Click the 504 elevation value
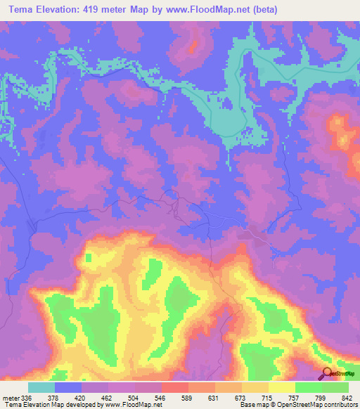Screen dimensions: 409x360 pyautogui.click(x=134, y=398)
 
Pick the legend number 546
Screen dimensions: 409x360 pyautogui.click(x=161, y=398)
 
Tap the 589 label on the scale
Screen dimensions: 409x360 pyautogui.click(x=188, y=398)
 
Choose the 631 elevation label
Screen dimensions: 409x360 pyautogui.click(x=214, y=398)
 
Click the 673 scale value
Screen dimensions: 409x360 pyautogui.click(x=241, y=398)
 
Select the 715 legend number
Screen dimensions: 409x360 pyautogui.click(x=268, y=398)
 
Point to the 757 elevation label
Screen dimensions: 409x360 pyautogui.click(x=295, y=398)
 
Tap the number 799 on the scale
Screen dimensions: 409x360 pyautogui.click(x=321, y=398)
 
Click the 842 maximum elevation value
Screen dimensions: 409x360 pyautogui.click(x=347, y=398)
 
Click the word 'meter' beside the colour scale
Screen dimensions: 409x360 pyautogui.click(x=11, y=398)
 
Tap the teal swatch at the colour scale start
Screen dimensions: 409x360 pyautogui.click(x=41, y=387)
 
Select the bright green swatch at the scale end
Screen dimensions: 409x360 pyautogui.click(x=335, y=387)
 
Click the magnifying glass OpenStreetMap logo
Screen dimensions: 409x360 pyautogui.click(x=326, y=374)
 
